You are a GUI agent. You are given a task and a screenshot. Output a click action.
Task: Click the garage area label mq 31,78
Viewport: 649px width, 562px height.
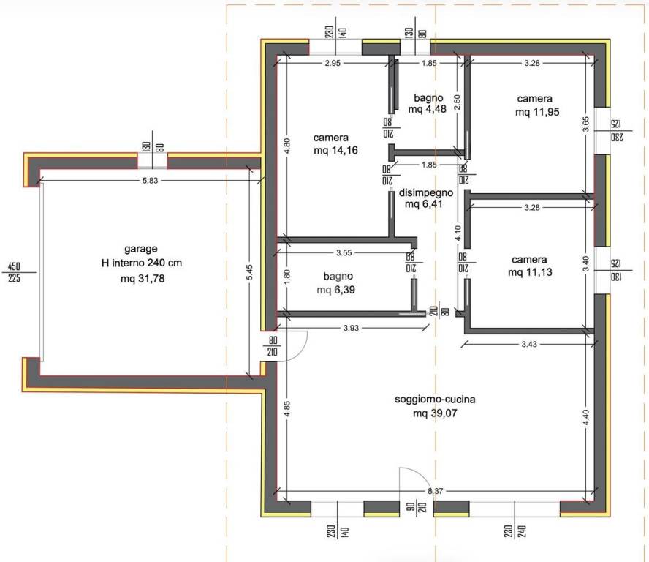(143, 279)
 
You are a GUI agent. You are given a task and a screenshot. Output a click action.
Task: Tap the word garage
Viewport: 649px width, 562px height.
(141, 249)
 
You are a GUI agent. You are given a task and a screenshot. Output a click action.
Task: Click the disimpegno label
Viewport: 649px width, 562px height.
(426, 192)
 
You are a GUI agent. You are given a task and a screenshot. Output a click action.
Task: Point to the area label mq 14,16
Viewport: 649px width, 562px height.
(335, 151)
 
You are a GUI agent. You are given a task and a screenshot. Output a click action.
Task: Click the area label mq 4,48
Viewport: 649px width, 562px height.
(427, 110)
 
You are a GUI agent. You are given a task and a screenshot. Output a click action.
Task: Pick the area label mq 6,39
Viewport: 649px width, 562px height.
(335, 290)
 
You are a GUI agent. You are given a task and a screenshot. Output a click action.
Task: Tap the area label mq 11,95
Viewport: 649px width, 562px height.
(537, 112)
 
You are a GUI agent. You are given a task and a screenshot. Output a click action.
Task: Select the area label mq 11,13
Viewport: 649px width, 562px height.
(530, 272)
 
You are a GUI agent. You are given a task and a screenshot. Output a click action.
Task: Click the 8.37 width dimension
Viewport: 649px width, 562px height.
(436, 491)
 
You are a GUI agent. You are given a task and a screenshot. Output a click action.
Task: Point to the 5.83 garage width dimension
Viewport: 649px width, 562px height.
(151, 180)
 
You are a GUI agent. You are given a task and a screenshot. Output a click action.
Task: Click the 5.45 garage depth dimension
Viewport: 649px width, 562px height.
(249, 272)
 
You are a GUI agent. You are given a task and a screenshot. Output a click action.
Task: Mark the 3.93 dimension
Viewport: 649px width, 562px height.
(351, 328)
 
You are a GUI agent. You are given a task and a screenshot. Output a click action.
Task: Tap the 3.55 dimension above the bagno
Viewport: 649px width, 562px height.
(344, 252)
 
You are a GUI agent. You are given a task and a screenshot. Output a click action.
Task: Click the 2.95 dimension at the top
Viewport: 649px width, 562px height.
(333, 64)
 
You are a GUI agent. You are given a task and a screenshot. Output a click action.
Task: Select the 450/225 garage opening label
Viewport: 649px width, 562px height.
(14, 272)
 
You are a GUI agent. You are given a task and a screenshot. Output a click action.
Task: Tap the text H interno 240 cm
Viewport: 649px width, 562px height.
(142, 263)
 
